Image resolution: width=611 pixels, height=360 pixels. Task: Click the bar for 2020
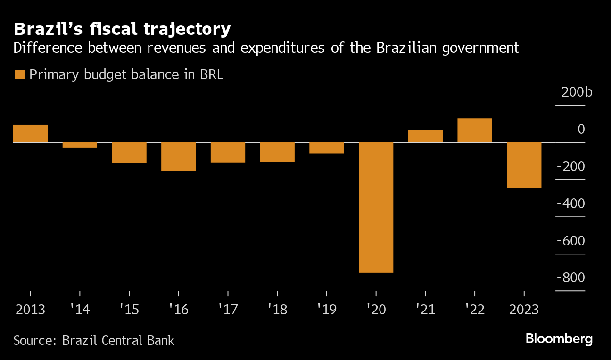tap(376, 207)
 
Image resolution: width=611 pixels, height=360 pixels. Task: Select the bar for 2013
tap(30, 133)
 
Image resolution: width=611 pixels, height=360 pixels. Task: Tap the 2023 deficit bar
tap(524, 165)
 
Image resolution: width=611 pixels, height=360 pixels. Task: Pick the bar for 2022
tap(474, 130)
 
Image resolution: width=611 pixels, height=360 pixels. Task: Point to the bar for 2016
tap(178, 156)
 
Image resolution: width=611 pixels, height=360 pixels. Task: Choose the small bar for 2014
tap(80, 145)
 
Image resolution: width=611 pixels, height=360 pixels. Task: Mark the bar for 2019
tap(326, 147)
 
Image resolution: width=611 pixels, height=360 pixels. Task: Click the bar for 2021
tap(425, 136)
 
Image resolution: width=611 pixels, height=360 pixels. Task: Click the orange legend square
tap(19, 75)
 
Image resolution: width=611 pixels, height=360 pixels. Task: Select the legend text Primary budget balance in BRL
tap(126, 75)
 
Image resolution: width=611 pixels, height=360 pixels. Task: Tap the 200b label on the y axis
tap(576, 91)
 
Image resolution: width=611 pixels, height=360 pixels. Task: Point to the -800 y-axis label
tap(571, 278)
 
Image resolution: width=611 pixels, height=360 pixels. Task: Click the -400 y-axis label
tap(571, 203)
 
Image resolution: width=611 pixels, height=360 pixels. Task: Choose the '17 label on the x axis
tap(228, 310)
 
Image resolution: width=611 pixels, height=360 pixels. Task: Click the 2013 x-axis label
tap(30, 310)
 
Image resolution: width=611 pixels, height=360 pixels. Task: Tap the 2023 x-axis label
tap(523, 310)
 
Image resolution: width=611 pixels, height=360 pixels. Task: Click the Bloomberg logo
tap(559, 339)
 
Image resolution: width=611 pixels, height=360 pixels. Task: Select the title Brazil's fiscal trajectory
tap(122, 29)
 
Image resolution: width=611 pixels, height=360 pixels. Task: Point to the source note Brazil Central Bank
tap(94, 340)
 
